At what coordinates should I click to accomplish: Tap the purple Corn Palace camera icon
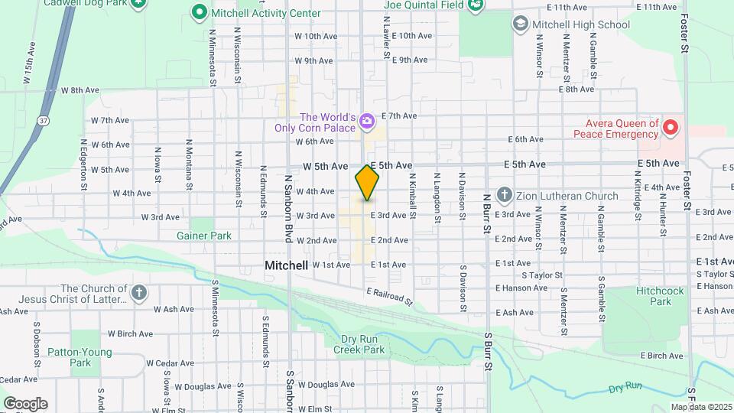coord(367,121)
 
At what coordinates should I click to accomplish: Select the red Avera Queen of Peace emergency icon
coord(671,127)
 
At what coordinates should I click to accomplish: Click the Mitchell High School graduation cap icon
coord(521,24)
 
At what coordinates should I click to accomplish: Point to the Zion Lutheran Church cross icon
coord(504,196)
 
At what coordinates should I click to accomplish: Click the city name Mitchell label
coord(286,265)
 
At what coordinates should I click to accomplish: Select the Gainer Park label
coord(204,236)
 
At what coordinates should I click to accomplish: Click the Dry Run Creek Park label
coord(359,343)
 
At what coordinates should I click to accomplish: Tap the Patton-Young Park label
coord(91,357)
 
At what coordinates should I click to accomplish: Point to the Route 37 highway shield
coord(44,120)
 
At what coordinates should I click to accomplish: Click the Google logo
coord(25,404)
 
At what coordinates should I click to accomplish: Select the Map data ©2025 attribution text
coord(700,407)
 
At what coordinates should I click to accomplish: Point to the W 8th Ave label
coord(81,90)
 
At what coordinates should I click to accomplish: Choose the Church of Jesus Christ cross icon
coord(138,292)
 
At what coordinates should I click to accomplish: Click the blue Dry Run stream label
coord(625,388)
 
